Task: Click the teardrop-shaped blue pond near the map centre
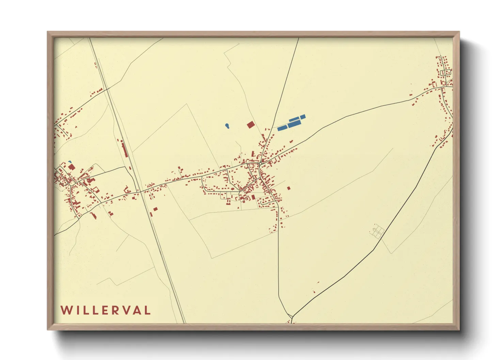tap(227, 126)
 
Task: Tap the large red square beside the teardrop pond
tap(250, 125)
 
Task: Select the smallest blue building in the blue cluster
tap(302, 117)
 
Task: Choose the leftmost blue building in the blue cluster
tap(282, 128)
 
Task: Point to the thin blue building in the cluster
tap(294, 119)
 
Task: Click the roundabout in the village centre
tap(261, 164)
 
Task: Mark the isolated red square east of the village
tap(289, 188)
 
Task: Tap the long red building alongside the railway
tap(125, 150)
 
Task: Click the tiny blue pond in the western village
tap(70, 162)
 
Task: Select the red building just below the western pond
tap(71, 167)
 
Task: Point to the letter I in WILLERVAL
tap(77, 310)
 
